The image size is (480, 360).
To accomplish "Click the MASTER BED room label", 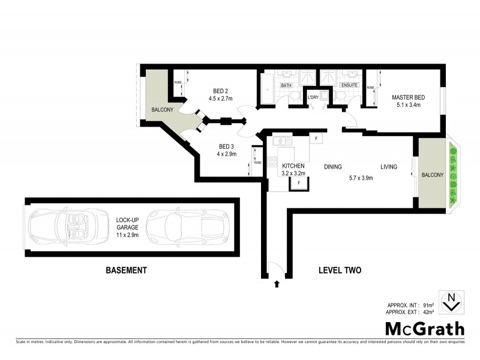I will [409, 97].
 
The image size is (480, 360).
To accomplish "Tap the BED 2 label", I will [220, 91].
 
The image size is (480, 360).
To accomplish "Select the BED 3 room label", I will [226, 146].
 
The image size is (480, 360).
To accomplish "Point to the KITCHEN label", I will [294, 166].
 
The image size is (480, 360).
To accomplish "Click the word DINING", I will [333, 167].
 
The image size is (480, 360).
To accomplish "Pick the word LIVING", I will [388, 167].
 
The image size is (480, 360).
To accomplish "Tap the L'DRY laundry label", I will [313, 97].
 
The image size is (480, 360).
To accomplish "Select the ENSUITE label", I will [349, 85].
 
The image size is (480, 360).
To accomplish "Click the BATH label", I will [286, 85].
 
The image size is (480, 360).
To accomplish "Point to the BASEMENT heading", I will [126, 271].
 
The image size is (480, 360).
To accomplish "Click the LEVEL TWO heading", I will [340, 271].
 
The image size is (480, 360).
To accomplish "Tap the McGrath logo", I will [424, 328].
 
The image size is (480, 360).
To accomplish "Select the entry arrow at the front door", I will [276, 283].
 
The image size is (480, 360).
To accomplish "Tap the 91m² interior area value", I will [428, 305].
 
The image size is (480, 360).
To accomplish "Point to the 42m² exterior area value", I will [428, 313].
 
